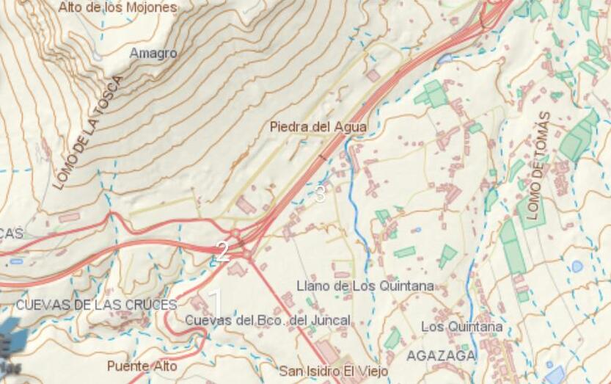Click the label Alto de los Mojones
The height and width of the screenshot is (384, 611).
[117, 7]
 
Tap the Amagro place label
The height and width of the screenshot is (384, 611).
[153, 54]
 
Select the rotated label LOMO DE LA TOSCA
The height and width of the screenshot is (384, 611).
[87, 132]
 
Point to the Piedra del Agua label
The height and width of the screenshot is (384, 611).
[318, 127]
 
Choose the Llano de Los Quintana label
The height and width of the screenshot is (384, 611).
[365, 286]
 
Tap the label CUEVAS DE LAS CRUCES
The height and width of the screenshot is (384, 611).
[96, 305]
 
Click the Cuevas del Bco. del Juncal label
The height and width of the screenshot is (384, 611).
[267, 320]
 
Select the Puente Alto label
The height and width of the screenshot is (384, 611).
[142, 366]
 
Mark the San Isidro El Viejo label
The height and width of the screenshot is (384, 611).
[333, 372]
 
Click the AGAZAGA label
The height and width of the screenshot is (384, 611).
[440, 355]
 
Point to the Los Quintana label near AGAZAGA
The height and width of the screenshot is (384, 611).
[462, 326]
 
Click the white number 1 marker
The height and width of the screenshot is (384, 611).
[216, 301]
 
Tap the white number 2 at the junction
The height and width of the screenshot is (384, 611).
[222, 252]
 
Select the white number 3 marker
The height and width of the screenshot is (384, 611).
[320, 194]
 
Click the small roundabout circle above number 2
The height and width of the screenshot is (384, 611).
[235, 234]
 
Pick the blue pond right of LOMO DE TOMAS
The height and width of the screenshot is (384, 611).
[577, 266]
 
